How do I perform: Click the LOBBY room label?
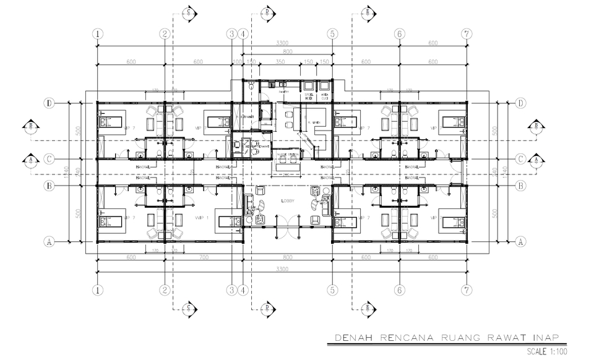pos(289,201)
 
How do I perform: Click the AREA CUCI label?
pos(325,96)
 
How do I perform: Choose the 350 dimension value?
pos(280,62)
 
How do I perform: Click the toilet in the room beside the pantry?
pos(249,88)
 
